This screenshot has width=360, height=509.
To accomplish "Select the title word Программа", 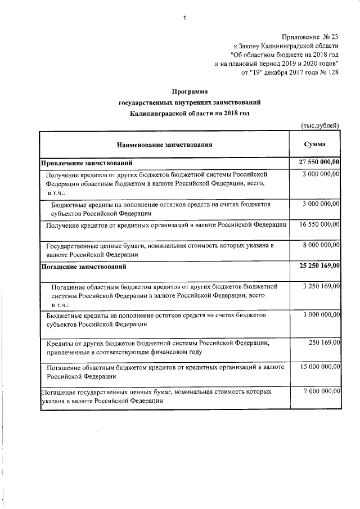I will [190, 91].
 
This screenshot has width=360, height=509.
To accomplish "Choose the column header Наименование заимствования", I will [164, 145].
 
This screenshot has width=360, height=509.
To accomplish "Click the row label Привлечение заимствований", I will [87, 163].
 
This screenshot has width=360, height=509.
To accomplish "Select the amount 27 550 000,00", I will [317, 163].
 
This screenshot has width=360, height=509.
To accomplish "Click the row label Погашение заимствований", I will [84, 266].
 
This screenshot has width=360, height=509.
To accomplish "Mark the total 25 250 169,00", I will [317, 265].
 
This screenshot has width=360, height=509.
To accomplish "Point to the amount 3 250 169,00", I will [320, 286].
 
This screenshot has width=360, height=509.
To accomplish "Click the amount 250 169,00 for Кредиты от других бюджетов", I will [323, 342].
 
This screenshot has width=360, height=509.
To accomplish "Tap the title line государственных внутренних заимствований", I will [190, 102].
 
